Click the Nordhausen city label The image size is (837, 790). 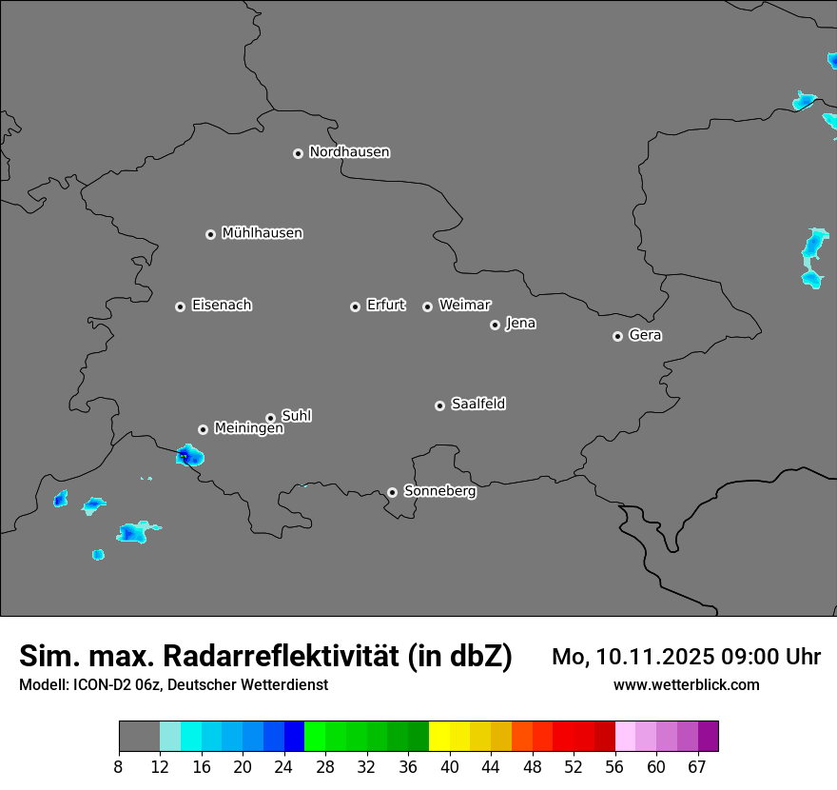pos(349,152)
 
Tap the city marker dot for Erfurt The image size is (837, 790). pos(355,306)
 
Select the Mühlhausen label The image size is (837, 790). pos(262,233)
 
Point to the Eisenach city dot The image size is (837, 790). pos(180,306)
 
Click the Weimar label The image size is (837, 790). pos(464,306)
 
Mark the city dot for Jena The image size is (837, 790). pos(495,325)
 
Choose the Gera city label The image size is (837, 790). pos(645,335)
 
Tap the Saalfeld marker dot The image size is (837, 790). pos(439,405)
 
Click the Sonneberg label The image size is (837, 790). pos(439,491)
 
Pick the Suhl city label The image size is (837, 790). pos(297,416)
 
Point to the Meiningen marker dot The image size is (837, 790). pos(203,429)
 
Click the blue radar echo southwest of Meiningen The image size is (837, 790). pos(189,457)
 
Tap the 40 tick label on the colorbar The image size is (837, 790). pos(449,766)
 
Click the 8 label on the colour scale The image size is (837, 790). pos(119,766)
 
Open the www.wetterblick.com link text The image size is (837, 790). pos(686,685)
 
